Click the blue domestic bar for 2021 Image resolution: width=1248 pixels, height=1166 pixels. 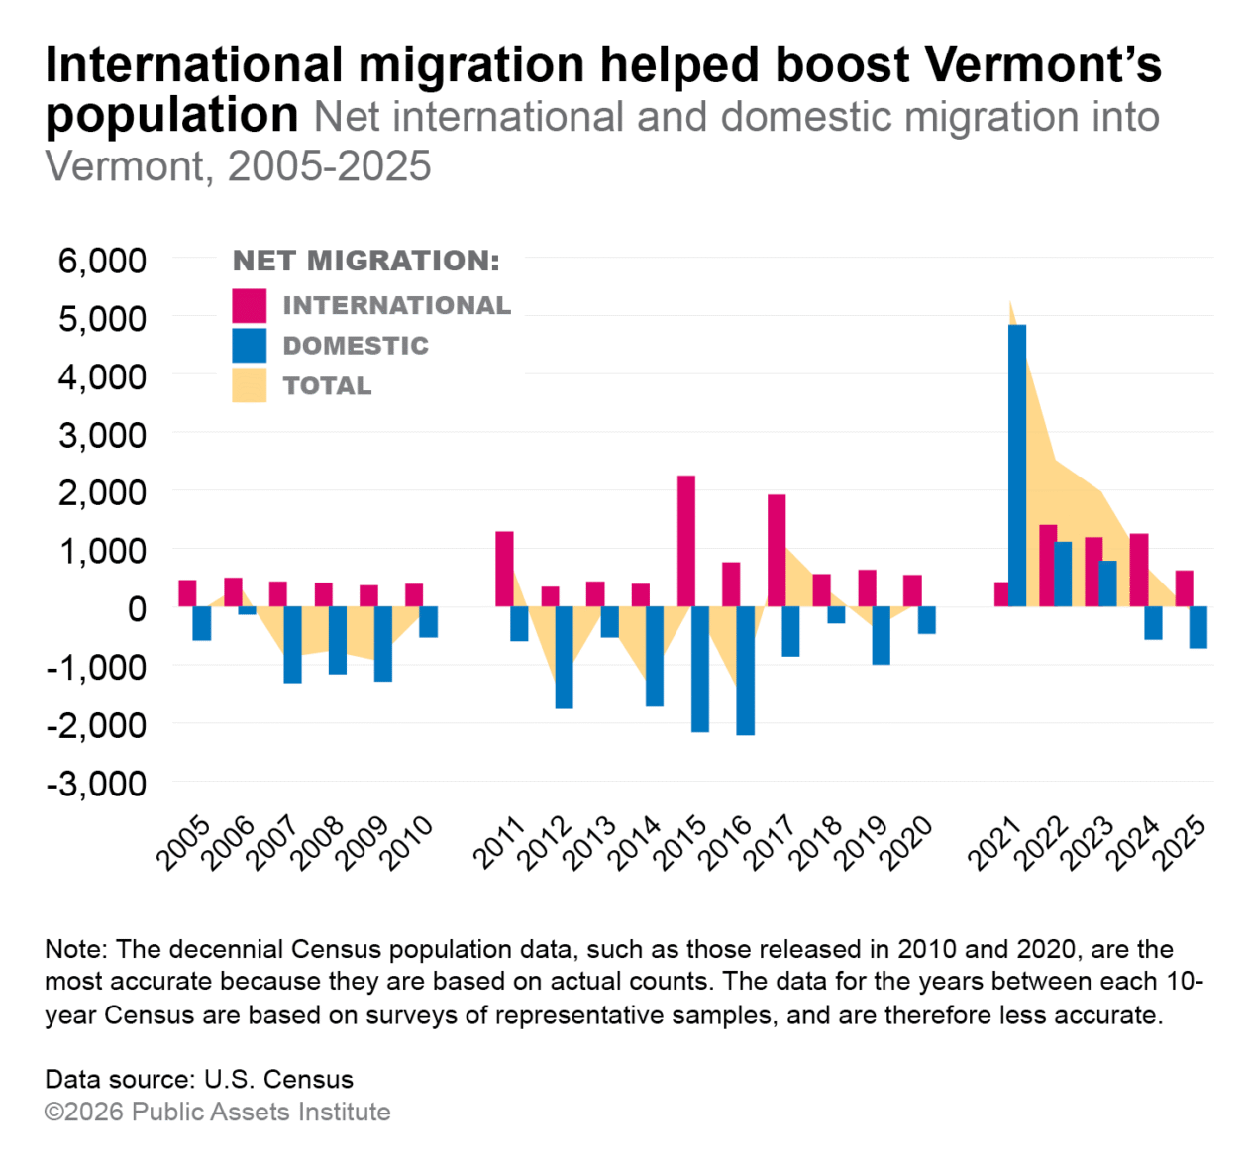[x=1017, y=466]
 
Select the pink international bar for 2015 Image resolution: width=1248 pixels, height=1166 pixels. [x=686, y=541]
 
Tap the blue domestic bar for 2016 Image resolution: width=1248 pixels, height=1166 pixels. [x=745, y=670]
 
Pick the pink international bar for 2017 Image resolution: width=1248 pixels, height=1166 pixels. [x=777, y=551]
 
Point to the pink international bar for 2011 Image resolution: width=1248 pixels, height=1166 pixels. [x=504, y=569]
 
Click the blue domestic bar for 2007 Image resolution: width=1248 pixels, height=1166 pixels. [x=292, y=644]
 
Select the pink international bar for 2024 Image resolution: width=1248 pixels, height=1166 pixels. [x=1139, y=570]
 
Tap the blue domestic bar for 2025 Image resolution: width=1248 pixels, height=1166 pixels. [x=1198, y=627]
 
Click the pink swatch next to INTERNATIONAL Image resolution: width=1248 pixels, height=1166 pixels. [x=250, y=305]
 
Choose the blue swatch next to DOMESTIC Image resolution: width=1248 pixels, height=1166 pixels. [x=250, y=345]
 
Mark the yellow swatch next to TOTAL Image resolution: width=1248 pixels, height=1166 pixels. [x=250, y=385]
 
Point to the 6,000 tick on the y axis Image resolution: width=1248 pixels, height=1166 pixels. [x=102, y=261]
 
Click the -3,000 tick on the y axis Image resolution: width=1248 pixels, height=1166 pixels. [x=96, y=783]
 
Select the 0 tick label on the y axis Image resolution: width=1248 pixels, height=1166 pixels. [x=137, y=608]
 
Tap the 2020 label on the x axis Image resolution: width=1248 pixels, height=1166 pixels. [x=907, y=843]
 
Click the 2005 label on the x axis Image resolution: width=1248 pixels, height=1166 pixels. [x=183, y=843]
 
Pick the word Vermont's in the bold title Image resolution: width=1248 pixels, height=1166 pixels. [x=1043, y=64]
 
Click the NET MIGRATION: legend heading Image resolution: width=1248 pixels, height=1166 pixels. [x=366, y=261]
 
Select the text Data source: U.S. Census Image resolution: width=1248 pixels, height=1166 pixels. [x=199, y=1079]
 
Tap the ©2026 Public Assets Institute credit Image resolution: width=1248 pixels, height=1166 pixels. [x=218, y=1112]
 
